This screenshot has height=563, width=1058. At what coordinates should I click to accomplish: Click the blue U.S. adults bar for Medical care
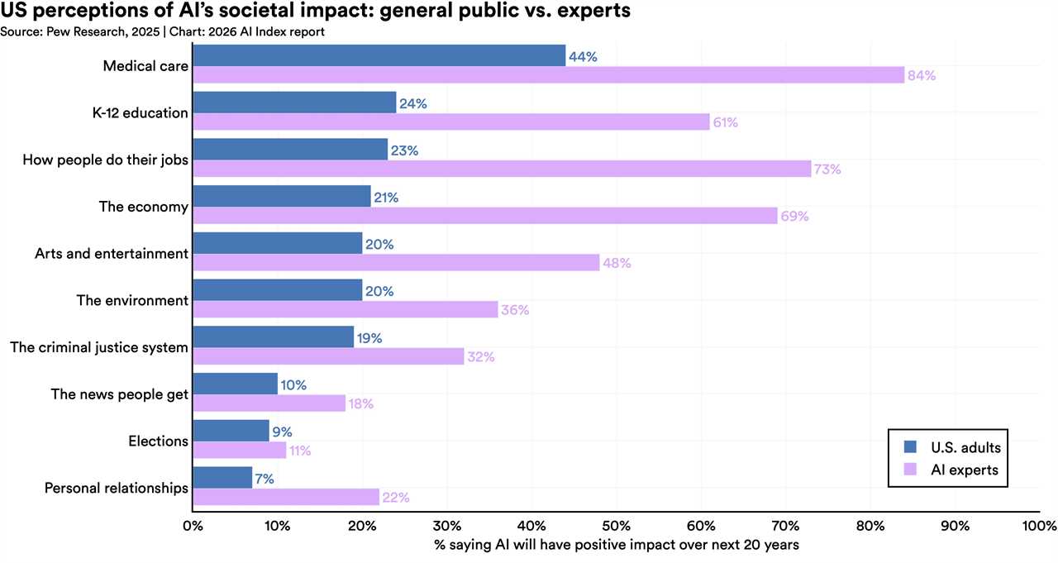pyautogui.click(x=379, y=56)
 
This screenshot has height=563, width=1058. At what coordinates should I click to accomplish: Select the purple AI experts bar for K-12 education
pyautogui.click(x=450, y=122)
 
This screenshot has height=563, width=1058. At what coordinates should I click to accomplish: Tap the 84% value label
pyautogui.click(x=921, y=75)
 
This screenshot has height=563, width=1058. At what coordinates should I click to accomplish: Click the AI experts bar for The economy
pyautogui.click(x=484, y=216)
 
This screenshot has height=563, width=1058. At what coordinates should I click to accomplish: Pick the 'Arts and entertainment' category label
pyautogui.click(x=112, y=254)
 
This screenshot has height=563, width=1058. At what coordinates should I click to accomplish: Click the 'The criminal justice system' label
pyautogui.click(x=99, y=347)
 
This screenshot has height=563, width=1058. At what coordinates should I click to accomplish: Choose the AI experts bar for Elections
pyautogui.click(x=239, y=451)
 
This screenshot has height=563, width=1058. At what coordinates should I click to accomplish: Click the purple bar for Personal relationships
pyautogui.click(x=285, y=498)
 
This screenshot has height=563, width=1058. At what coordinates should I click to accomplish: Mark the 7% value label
pyautogui.click(x=264, y=479)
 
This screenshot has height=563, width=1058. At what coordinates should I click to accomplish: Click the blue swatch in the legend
pyautogui.click(x=911, y=447)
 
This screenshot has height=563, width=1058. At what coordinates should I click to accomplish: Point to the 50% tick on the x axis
pyautogui.click(x=617, y=526)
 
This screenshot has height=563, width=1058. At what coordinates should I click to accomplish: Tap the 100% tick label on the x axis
pyautogui.click(x=1039, y=526)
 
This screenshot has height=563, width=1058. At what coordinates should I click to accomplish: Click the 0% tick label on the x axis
pyautogui.click(x=193, y=526)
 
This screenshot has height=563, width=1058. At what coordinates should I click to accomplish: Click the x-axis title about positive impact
pyautogui.click(x=616, y=546)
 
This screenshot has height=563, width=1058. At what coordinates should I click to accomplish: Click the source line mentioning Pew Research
pyautogui.click(x=162, y=31)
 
